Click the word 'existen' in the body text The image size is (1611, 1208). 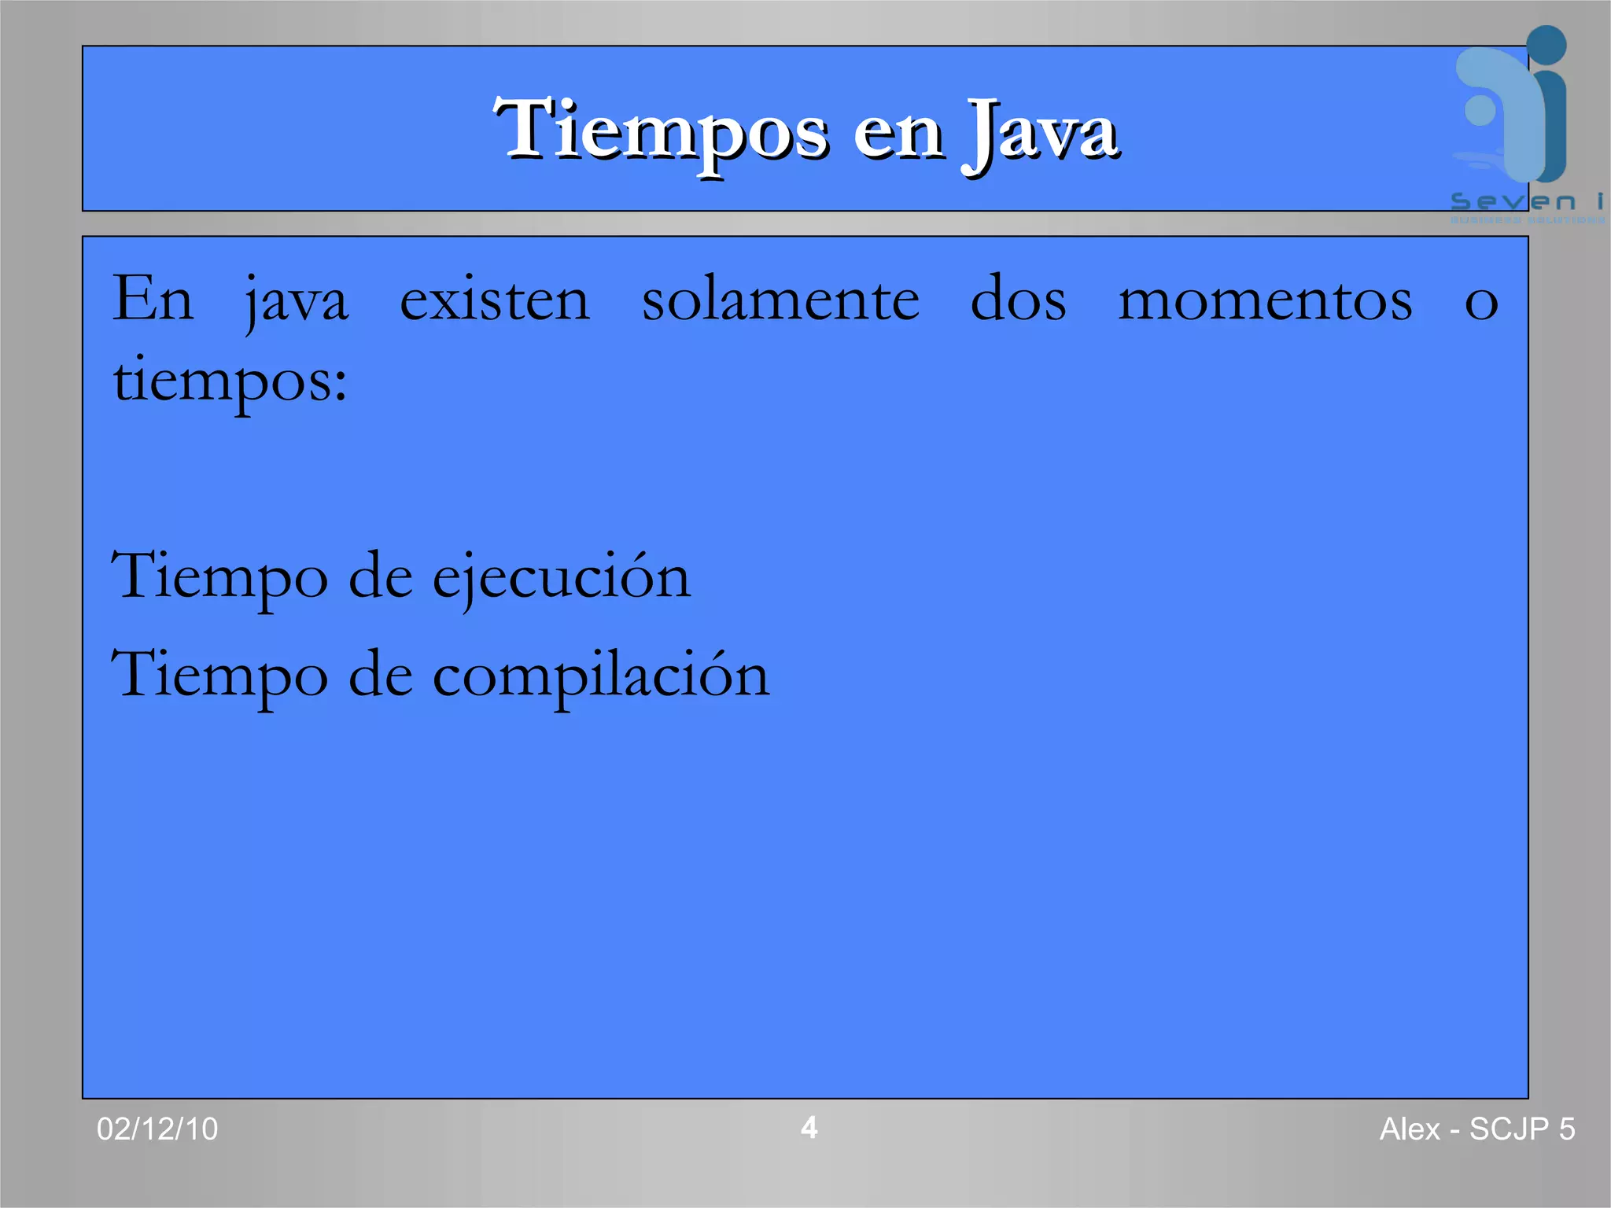pos(495,300)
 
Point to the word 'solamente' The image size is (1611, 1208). pos(780,300)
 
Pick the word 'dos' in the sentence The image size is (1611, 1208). pos(1019,300)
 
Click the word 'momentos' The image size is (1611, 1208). pos(1265,300)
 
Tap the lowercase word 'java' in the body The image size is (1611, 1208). pos(297,304)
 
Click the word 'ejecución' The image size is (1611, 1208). pos(562,578)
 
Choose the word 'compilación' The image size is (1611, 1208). pos(601,676)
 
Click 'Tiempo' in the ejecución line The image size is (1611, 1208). pos(219,578)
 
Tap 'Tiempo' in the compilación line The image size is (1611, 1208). pos(219,676)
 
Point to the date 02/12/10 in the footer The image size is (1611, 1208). pos(157,1129)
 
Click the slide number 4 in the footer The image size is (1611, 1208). pos(809,1128)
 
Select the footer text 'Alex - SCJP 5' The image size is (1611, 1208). pos(1477,1129)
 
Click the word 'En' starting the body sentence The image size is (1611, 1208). pos(153,299)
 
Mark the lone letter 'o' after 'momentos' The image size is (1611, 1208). pos(1481,304)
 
